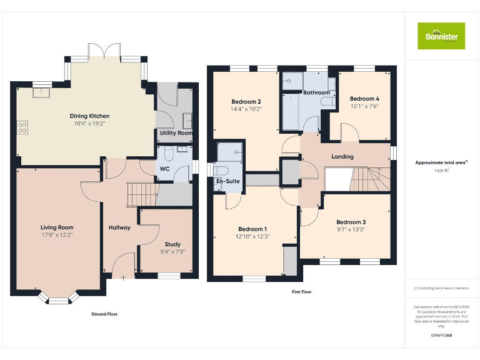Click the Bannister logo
point(441,36)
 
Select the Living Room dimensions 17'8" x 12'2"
point(57,235)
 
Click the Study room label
point(172,244)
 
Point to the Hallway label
point(119,227)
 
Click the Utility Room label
point(176,133)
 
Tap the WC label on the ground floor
point(164,169)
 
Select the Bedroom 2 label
point(246,102)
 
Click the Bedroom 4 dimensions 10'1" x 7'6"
point(364,106)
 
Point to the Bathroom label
point(316,92)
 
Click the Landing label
point(342,157)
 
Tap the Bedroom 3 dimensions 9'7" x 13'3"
point(351,230)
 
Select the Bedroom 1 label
point(252,229)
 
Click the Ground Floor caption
point(104,314)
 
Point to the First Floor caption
point(302,292)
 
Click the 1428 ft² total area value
point(442,170)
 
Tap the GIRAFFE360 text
point(442,336)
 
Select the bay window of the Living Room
point(58,299)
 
